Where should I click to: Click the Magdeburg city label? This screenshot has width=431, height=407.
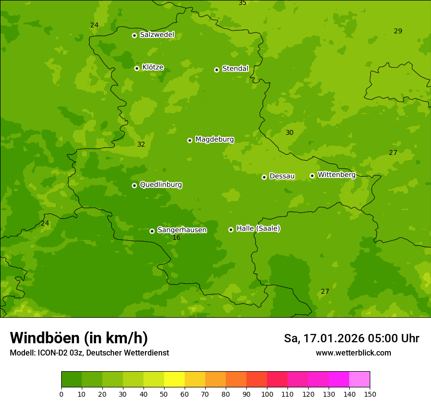click(215, 140)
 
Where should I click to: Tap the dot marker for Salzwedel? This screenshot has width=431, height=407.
click(134, 35)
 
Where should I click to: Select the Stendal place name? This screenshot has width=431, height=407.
click(236, 69)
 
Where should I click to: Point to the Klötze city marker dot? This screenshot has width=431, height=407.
click(137, 68)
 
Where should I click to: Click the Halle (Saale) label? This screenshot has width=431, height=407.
click(258, 229)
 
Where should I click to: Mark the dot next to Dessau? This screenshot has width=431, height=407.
click(264, 177)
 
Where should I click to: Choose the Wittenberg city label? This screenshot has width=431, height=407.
click(336, 175)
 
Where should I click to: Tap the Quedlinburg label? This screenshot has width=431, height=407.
click(161, 185)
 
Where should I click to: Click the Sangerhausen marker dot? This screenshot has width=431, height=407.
click(152, 231)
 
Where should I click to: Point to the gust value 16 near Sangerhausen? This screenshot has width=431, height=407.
click(176, 238)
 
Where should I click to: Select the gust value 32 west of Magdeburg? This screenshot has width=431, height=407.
click(141, 145)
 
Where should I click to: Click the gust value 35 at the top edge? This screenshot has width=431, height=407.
click(242, 3)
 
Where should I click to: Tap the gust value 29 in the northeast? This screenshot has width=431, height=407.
click(398, 31)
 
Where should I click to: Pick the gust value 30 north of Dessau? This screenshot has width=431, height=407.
click(289, 133)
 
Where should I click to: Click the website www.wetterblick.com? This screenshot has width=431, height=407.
click(353, 353)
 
